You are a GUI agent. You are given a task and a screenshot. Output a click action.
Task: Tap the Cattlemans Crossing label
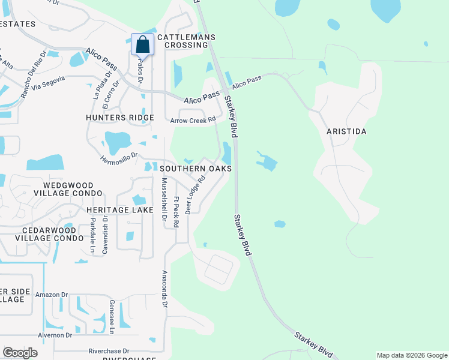186,41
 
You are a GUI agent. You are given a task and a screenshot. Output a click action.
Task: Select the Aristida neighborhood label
346,131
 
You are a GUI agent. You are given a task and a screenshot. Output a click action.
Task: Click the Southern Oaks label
196,169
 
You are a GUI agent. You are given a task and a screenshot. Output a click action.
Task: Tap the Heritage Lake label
116,209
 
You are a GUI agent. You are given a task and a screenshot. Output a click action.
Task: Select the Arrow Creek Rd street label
193,120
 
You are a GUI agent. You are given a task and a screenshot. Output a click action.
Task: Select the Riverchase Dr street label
109,351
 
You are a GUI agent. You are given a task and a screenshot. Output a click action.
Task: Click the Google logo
20,352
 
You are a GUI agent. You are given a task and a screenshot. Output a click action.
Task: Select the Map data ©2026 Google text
411,355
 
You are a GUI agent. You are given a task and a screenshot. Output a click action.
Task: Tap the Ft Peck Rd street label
176,212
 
